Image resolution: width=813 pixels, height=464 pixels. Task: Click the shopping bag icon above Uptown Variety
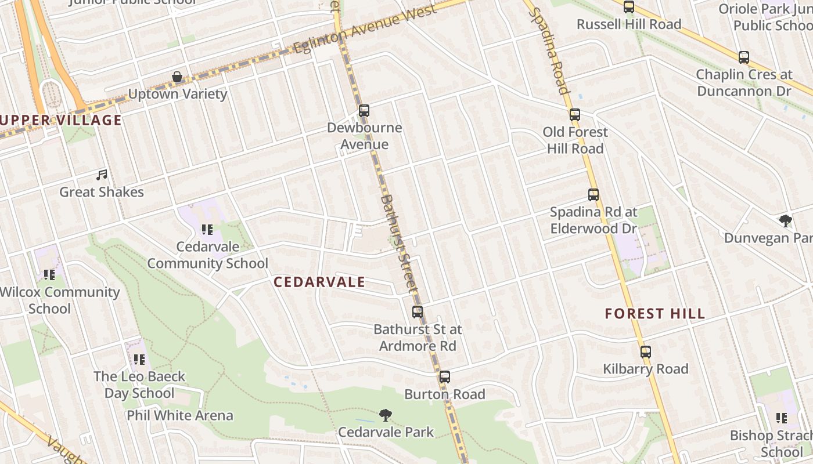pyautogui.click(x=177, y=77)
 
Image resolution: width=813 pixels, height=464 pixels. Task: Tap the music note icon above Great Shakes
pyautogui.click(x=102, y=175)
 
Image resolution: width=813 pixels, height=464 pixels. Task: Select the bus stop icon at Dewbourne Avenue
pyautogui.click(x=364, y=110)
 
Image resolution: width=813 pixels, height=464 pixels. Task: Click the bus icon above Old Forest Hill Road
pyautogui.click(x=575, y=115)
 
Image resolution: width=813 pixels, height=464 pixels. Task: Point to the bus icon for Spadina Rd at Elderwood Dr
pyautogui.click(x=593, y=195)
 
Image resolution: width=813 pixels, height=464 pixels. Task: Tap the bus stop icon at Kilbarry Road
pyautogui.click(x=645, y=351)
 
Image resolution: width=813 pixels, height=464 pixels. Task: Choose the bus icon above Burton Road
pyautogui.click(x=444, y=377)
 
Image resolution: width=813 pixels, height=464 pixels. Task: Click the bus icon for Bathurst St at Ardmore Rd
pyautogui.click(x=417, y=312)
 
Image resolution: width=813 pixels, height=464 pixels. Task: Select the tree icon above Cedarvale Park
pyautogui.click(x=385, y=415)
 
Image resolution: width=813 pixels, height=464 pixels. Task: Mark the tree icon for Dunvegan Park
pyautogui.click(x=786, y=220)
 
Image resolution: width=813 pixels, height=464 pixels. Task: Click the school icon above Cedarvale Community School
pyautogui.click(x=207, y=230)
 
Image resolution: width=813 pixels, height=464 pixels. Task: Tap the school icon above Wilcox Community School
pyautogui.click(x=49, y=275)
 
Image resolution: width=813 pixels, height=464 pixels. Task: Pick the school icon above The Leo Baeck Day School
pyautogui.click(x=139, y=360)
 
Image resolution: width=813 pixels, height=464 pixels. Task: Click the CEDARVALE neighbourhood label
pyautogui.click(x=319, y=282)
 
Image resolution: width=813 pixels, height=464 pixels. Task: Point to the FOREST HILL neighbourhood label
pyautogui.click(x=654, y=314)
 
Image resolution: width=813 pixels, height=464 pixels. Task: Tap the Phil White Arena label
pyautogui.click(x=180, y=416)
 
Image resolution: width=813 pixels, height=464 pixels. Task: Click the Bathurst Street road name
pyautogui.click(x=399, y=243)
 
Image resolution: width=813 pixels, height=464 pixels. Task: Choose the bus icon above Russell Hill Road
pyautogui.click(x=629, y=7)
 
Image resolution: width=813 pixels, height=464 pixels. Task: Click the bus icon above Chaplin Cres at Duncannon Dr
pyautogui.click(x=743, y=57)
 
